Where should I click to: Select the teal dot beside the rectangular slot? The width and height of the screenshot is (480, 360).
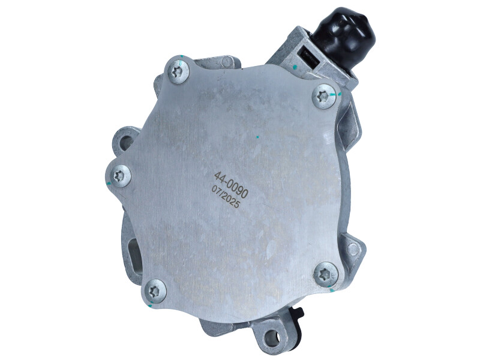click(x=296, y=65)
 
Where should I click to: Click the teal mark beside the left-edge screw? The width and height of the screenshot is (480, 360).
click(x=109, y=178)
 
